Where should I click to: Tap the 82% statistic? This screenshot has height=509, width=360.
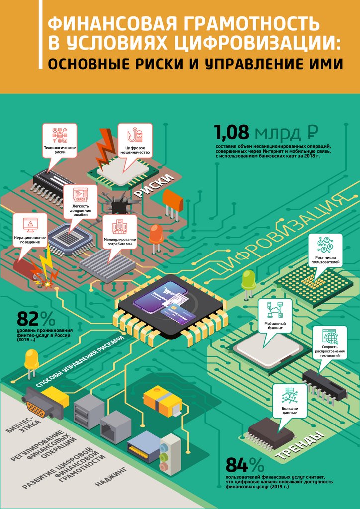[36, 319]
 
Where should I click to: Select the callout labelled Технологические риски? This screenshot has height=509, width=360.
[60, 141]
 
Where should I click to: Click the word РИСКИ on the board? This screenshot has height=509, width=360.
[157, 185]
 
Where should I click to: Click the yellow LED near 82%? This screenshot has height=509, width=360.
[31, 360]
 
